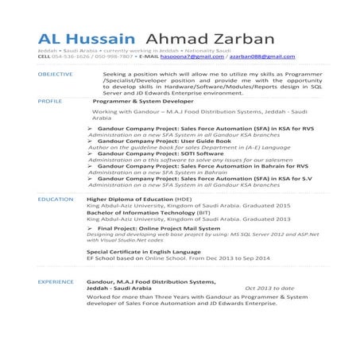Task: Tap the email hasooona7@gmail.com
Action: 192,58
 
